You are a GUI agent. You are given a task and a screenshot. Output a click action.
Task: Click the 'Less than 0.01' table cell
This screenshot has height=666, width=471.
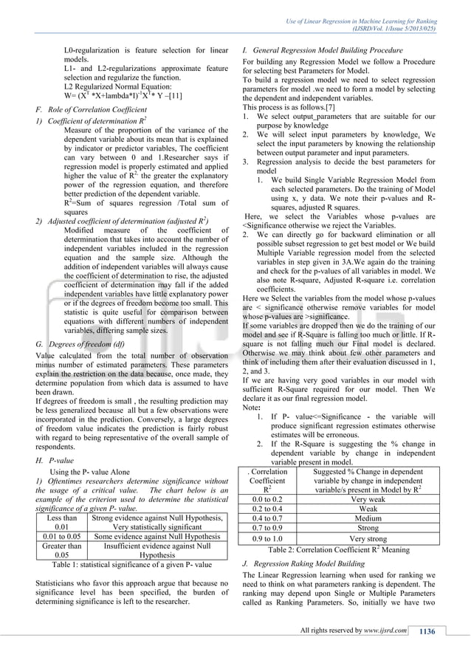coord(61,521)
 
